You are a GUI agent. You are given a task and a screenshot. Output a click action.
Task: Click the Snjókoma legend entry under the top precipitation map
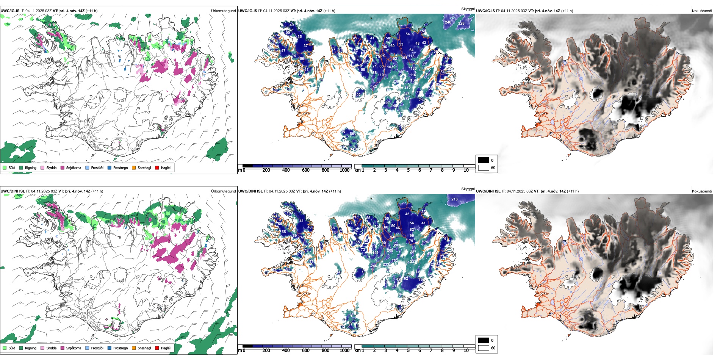coord(73,167)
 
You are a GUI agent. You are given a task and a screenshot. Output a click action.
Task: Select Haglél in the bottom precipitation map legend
coord(165,348)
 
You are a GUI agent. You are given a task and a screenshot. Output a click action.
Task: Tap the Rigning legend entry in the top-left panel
coord(30,167)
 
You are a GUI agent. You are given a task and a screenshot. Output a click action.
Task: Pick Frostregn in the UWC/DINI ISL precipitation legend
coord(120,348)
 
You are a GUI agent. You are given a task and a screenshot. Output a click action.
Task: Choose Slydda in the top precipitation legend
coord(51,167)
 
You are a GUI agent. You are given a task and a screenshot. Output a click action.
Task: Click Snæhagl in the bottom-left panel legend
coord(144,348)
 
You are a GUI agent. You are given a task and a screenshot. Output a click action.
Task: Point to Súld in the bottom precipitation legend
coord(12,348)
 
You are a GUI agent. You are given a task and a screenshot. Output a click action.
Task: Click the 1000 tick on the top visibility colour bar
coord(344,170)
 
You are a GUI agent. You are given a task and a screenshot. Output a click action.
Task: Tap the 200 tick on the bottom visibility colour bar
coord(266,351)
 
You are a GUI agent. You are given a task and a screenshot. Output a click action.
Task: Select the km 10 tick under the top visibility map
coord(466,170)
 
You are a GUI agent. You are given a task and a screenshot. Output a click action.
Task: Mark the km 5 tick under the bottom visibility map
coord(409,351)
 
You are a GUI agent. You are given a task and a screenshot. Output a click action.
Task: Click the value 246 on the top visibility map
coord(448,22)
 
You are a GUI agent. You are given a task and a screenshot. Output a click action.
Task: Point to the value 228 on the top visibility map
coord(461,23)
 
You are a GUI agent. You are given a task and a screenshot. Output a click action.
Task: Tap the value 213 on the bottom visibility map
coord(454,199)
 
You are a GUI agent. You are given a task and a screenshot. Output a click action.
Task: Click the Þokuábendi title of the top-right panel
coord(702,11)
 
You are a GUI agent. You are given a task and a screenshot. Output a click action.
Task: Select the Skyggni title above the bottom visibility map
coord(468,189)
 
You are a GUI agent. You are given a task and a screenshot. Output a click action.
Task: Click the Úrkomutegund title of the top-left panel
coord(223,11)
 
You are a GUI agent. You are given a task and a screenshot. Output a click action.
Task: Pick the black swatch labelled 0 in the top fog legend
coord(484,160)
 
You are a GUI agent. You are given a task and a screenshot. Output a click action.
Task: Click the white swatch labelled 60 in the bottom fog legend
coord(484,348)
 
